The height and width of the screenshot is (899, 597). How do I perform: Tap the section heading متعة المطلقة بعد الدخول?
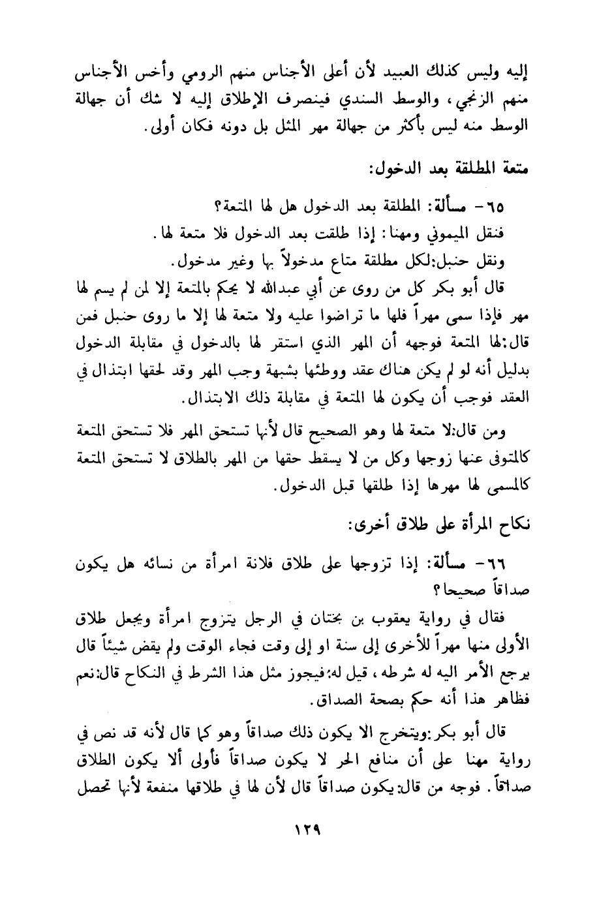[x=448, y=170]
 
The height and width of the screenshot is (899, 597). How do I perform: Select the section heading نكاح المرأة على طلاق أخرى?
[x=441, y=526]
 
